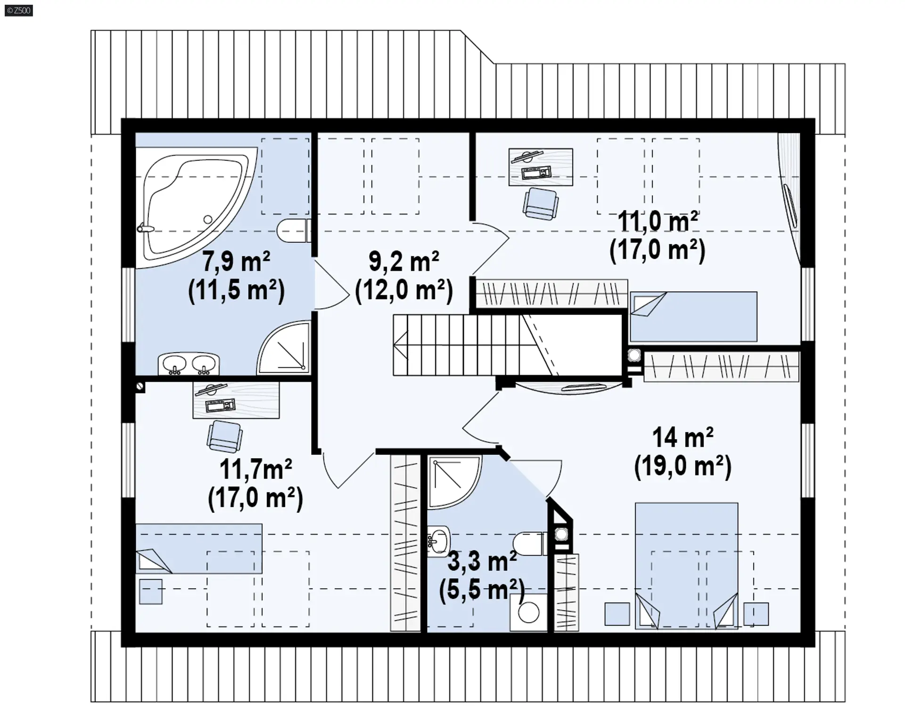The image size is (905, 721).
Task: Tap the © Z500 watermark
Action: click(x=19, y=10)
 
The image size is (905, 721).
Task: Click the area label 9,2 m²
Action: click(x=404, y=262)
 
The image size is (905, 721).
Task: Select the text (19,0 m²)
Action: click(x=683, y=467)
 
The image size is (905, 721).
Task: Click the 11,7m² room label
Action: click(x=255, y=469)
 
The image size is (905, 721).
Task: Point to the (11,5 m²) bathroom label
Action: click(x=236, y=290)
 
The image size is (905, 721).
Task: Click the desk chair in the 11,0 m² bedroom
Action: click(x=541, y=204)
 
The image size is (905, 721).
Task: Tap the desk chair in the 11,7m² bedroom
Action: click(x=225, y=436)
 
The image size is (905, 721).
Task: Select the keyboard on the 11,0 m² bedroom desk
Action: click(x=537, y=172)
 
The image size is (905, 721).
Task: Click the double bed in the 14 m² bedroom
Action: click(x=686, y=565)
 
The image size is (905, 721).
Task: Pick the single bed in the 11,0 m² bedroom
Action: click(x=693, y=316)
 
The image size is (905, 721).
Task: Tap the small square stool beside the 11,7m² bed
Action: click(x=151, y=591)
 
